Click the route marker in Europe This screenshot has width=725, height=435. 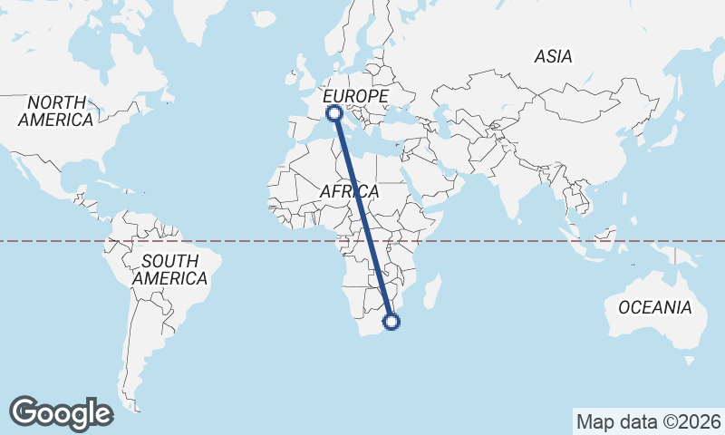(334, 113)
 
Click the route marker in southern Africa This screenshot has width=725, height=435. (392, 321)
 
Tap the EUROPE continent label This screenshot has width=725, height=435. (355, 96)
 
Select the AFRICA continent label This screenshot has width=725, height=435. (349, 192)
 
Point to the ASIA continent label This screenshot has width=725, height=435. (553, 56)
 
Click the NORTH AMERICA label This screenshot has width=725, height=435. (55, 111)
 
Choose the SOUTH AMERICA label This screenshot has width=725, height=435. (169, 270)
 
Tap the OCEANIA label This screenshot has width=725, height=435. (654, 308)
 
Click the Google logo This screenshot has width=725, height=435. (61, 412)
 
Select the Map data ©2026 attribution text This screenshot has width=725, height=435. (648, 421)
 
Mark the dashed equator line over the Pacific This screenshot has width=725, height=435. (54, 241)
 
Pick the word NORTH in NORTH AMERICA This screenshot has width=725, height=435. (56, 101)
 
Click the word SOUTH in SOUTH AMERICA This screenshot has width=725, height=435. (169, 261)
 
